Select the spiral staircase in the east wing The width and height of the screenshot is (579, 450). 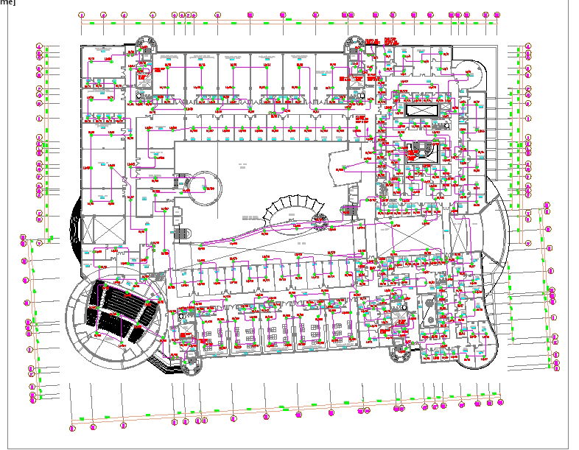point(423,152)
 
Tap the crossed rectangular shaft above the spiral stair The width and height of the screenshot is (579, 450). point(421,110)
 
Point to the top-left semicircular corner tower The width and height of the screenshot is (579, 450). point(144,45)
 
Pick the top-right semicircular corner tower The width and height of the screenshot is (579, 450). point(356,45)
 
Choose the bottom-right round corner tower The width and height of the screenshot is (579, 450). point(400,354)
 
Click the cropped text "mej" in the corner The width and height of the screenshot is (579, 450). point(7,3)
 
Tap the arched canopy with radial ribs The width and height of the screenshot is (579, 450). point(290,209)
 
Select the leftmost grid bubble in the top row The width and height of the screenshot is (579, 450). point(82,15)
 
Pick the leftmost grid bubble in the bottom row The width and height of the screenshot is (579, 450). point(72,427)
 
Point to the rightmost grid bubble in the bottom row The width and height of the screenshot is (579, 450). point(502,402)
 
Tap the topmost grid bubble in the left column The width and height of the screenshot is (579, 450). point(38,46)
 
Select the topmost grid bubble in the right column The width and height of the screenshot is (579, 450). point(528,46)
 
